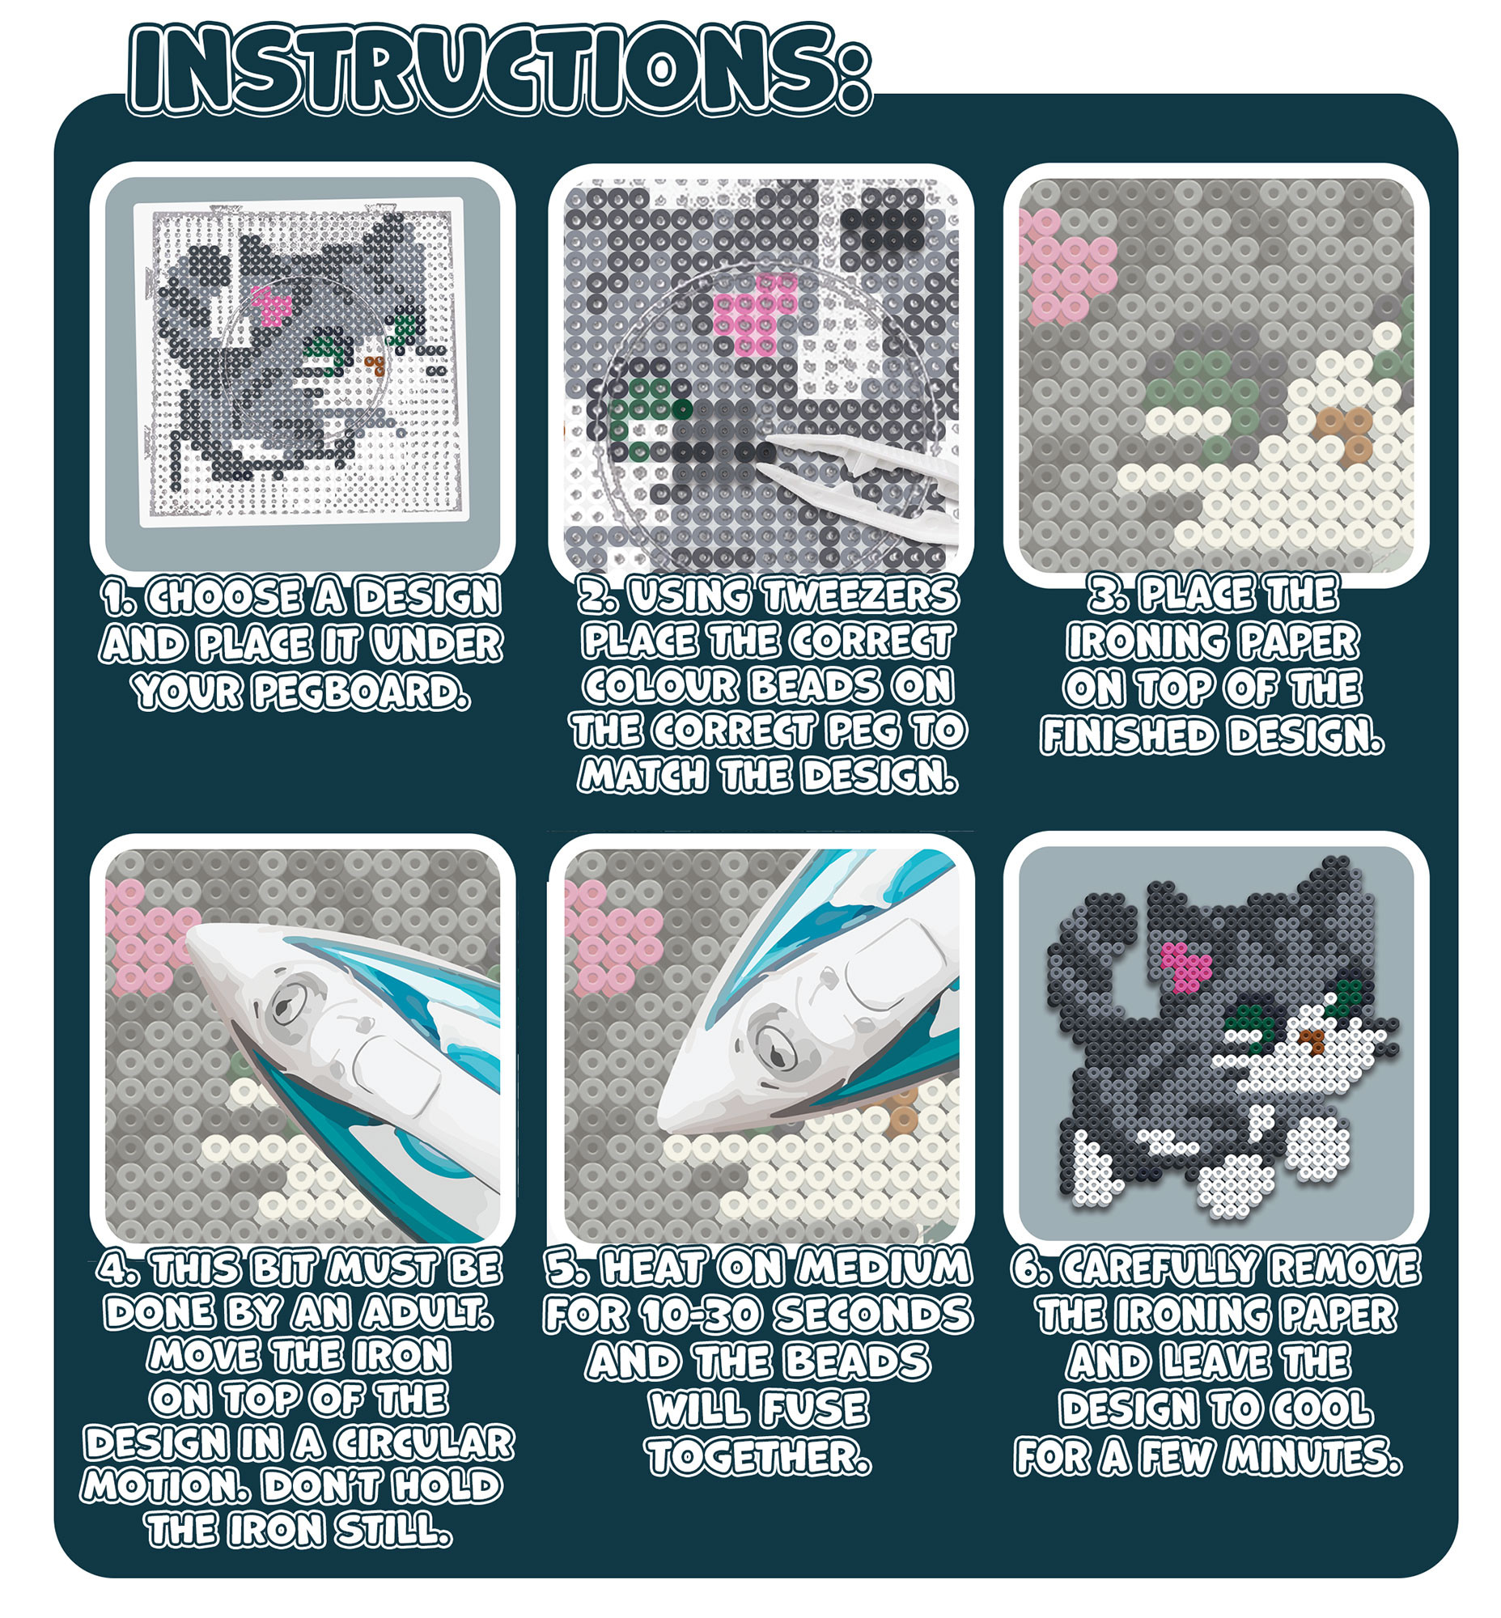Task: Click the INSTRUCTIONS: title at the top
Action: [x=499, y=70]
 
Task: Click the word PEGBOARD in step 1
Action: [x=361, y=691]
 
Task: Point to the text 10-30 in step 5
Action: [x=703, y=1314]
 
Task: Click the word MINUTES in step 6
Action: [x=1313, y=1456]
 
